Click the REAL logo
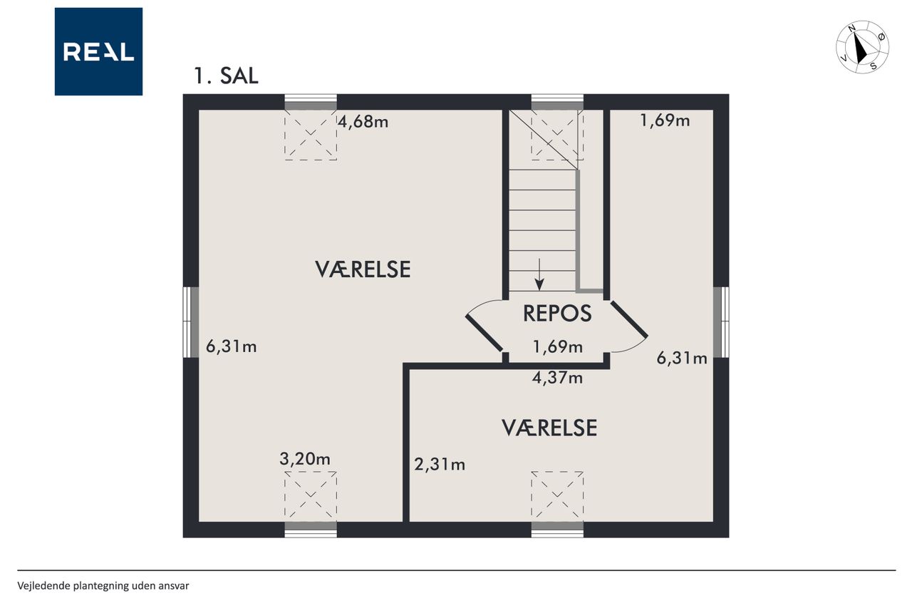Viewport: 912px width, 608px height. (x=98, y=51)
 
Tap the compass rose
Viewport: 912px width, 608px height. (x=862, y=47)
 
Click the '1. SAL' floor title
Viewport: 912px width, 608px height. (x=226, y=76)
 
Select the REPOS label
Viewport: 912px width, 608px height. (x=557, y=313)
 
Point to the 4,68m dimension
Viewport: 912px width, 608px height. (x=363, y=121)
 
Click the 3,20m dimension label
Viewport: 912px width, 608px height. (x=304, y=459)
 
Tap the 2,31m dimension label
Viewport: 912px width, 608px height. (x=440, y=464)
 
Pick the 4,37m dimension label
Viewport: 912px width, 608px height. (x=557, y=378)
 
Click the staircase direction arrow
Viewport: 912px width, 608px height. (x=539, y=274)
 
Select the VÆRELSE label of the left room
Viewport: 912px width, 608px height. (x=363, y=269)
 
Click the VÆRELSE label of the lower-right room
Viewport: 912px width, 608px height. (x=549, y=428)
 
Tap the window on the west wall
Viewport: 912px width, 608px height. (x=190, y=322)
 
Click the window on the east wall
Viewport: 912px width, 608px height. (x=721, y=322)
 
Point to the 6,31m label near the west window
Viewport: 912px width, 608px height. (x=232, y=346)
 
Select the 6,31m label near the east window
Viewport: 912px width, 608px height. (x=682, y=358)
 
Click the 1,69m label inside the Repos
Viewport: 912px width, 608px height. (x=557, y=346)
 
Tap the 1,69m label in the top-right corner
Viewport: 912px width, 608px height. (x=665, y=120)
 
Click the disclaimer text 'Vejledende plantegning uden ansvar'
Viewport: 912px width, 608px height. (x=103, y=586)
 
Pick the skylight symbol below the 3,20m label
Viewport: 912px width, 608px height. (x=311, y=495)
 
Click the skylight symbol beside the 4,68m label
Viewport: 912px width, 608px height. (x=311, y=135)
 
